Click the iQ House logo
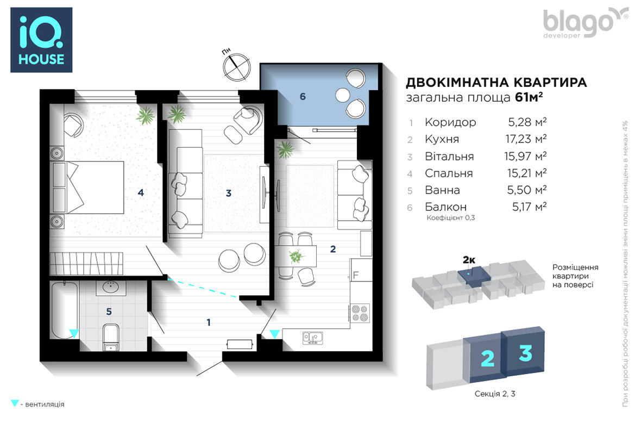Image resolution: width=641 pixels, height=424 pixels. click(x=41, y=40)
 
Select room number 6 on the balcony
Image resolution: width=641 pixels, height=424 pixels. click(x=303, y=97)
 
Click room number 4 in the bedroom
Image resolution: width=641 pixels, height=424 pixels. click(x=141, y=192)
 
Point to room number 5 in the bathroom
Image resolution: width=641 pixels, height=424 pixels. click(x=109, y=311)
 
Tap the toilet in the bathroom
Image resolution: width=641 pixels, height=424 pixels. click(x=111, y=337)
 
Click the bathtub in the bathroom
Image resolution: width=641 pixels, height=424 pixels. click(x=64, y=310)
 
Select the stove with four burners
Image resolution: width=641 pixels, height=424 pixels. click(x=360, y=313)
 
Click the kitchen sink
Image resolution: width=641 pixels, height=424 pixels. click(x=312, y=338)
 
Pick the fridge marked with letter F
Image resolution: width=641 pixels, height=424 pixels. click(x=361, y=270)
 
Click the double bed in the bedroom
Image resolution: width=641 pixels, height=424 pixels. click(x=87, y=188)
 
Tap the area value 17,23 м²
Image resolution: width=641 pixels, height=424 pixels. click(x=526, y=139)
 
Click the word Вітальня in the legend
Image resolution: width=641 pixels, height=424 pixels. click(x=449, y=157)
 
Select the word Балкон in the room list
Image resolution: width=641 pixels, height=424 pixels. click(x=445, y=207)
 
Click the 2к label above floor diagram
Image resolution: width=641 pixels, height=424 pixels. click(x=469, y=259)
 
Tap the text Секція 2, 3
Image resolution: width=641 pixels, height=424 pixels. click(x=495, y=394)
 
